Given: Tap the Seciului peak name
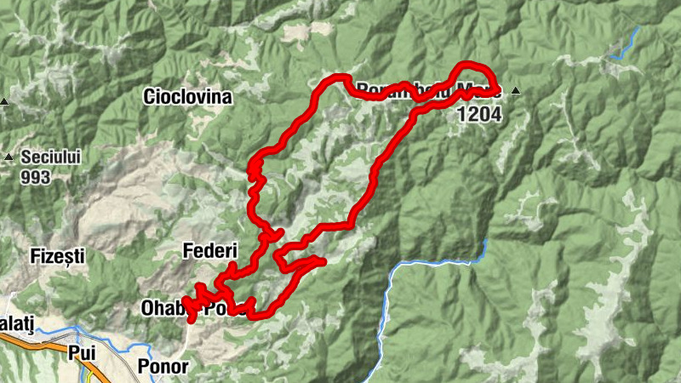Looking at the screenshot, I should (50, 157).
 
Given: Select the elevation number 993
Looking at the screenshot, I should (37, 178).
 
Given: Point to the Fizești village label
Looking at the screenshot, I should (57, 254).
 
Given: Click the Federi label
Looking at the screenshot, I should (208, 250).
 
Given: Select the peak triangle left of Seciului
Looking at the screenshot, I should (9, 157).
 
